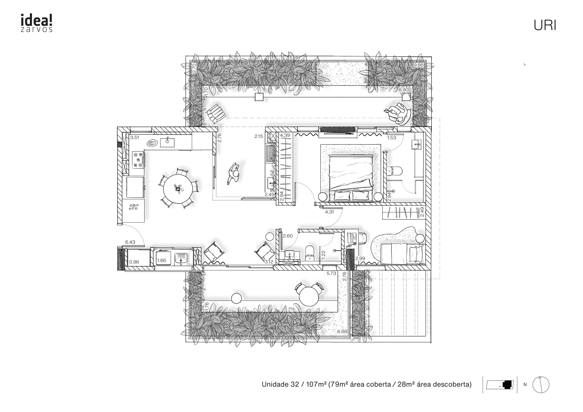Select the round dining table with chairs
pyautogui.click(x=178, y=188)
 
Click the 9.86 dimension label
pyautogui.click(x=418, y=65)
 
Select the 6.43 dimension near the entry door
pyautogui.click(x=130, y=242)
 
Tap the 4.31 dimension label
pyautogui.click(x=329, y=212)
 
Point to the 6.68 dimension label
pyautogui.click(x=342, y=332)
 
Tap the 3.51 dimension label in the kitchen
pyautogui.click(x=135, y=138)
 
